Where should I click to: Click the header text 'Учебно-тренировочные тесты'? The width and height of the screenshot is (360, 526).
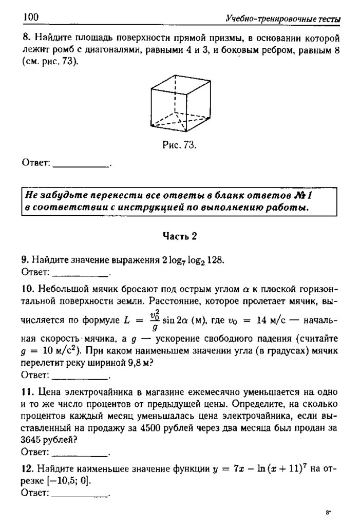283,20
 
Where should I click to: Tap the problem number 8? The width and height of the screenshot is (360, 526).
25,39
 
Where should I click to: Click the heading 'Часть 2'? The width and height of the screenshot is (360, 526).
180,236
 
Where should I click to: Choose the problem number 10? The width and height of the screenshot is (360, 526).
27,286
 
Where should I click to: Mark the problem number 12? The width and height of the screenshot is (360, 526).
27,468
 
